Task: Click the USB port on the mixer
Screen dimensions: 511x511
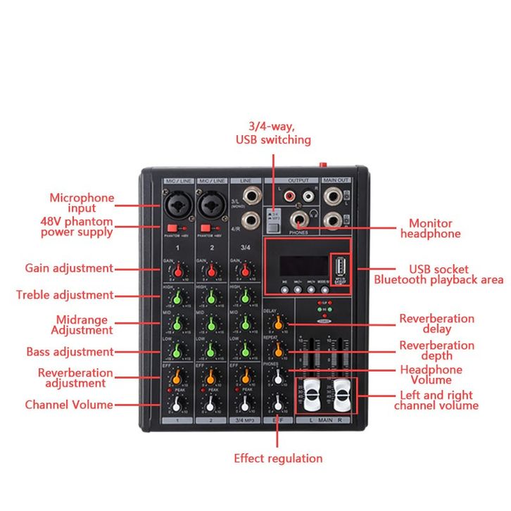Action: point(341,267)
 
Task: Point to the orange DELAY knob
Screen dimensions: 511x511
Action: point(280,323)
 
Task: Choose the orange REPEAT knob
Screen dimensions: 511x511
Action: point(280,349)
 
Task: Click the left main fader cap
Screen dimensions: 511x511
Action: point(310,396)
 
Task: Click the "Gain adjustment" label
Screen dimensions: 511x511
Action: point(69,268)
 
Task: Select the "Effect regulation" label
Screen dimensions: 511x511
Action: point(278,459)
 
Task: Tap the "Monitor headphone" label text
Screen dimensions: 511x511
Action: point(430,229)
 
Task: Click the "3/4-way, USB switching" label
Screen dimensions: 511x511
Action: point(273,134)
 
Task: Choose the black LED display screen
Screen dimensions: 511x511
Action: point(303,265)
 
